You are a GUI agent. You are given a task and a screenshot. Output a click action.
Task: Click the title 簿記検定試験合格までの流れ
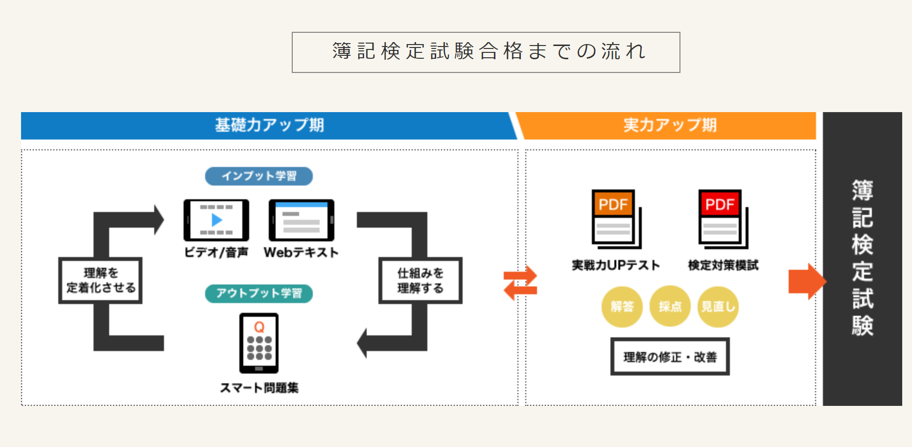[489, 51]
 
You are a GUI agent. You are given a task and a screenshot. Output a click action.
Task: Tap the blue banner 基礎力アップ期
[269, 125]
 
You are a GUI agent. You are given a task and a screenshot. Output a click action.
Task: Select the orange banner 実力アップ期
[669, 125]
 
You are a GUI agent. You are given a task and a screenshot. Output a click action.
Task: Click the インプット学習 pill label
[259, 176]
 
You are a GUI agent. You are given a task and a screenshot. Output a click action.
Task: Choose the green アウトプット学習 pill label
[259, 293]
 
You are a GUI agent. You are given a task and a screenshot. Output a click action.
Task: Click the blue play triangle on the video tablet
[217, 220]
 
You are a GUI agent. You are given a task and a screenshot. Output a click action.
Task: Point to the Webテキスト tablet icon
[302, 220]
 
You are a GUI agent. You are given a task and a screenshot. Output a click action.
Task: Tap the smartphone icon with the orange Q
[259, 343]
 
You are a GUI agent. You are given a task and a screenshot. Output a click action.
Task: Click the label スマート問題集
[259, 388]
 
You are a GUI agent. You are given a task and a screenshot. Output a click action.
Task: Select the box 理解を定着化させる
[100, 281]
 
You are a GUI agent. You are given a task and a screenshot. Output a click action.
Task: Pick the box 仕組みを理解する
[421, 281]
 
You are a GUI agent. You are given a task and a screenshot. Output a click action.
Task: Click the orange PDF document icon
[616, 219]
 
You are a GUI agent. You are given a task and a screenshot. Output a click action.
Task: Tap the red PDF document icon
[723, 219]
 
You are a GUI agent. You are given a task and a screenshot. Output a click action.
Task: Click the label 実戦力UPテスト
[616, 265]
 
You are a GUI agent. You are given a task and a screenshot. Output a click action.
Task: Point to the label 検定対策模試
[723, 265]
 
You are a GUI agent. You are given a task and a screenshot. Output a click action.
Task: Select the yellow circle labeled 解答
[622, 306]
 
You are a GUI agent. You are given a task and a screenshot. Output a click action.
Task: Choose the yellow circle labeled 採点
[670, 306]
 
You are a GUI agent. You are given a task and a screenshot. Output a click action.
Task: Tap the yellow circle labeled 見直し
[718, 306]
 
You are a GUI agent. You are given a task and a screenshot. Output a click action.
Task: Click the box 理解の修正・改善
[670, 356]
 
